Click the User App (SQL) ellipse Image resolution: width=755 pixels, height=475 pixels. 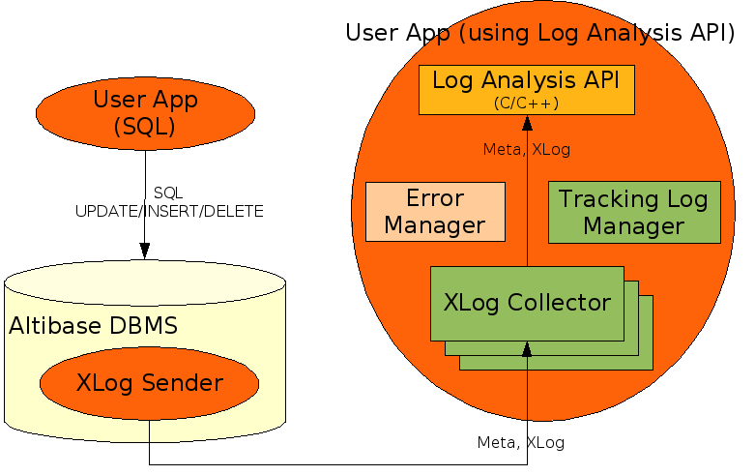click(144, 113)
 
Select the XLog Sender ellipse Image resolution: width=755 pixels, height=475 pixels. click(149, 384)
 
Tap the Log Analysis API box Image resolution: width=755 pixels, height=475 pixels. click(526, 89)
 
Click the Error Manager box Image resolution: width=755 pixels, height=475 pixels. click(436, 212)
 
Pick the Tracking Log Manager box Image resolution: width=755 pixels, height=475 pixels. click(633, 212)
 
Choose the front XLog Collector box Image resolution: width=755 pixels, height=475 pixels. click(527, 303)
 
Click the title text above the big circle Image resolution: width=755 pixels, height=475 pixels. click(540, 33)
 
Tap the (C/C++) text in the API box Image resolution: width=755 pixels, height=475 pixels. click(526, 102)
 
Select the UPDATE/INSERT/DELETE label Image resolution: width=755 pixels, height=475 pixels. click(169, 211)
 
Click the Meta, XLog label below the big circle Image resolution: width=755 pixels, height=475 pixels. click(520, 442)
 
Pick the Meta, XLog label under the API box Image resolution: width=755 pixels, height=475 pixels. click(526, 149)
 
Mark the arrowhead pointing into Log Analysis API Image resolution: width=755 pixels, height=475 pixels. click(527, 123)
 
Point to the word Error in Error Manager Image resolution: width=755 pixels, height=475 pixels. click(436, 199)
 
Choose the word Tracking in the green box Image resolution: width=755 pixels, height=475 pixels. click(605, 200)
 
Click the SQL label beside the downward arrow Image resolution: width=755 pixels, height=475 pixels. click(168, 193)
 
